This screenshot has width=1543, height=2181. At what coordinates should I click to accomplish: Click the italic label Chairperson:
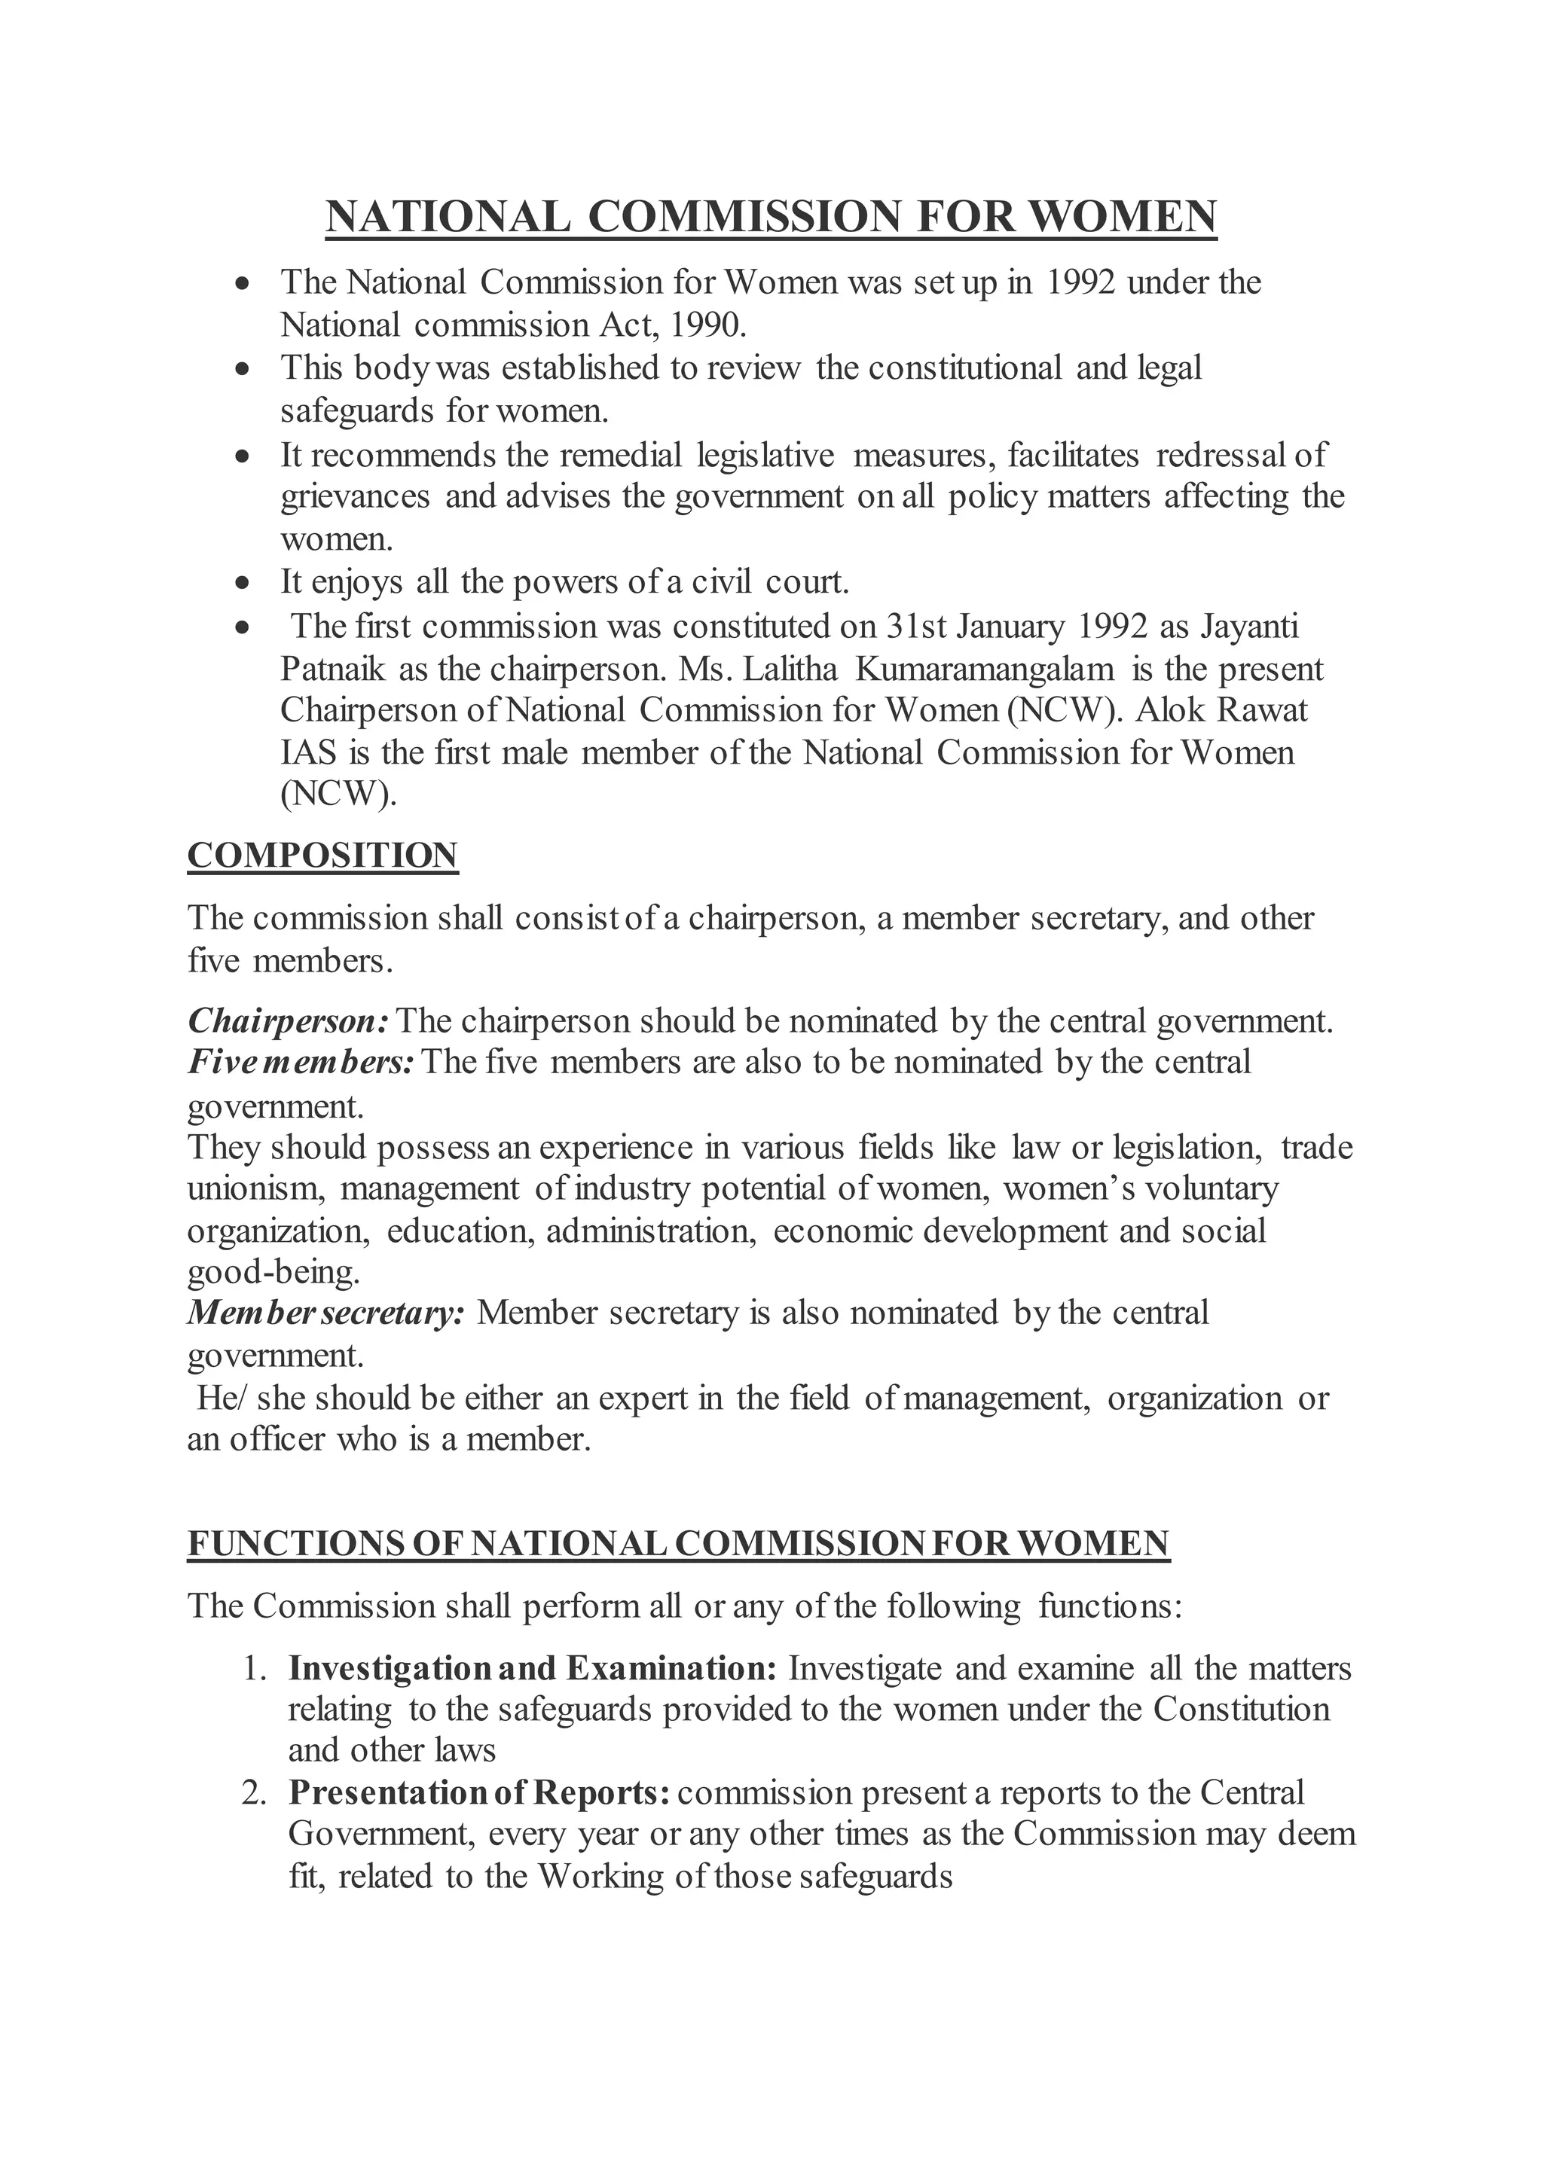288,1021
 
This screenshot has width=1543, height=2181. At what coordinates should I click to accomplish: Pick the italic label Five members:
301,1062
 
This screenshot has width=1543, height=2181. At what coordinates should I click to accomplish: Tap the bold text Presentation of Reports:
480,1793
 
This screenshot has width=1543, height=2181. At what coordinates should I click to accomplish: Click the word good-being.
273,1272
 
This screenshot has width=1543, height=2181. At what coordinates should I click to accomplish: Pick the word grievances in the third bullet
354,497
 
